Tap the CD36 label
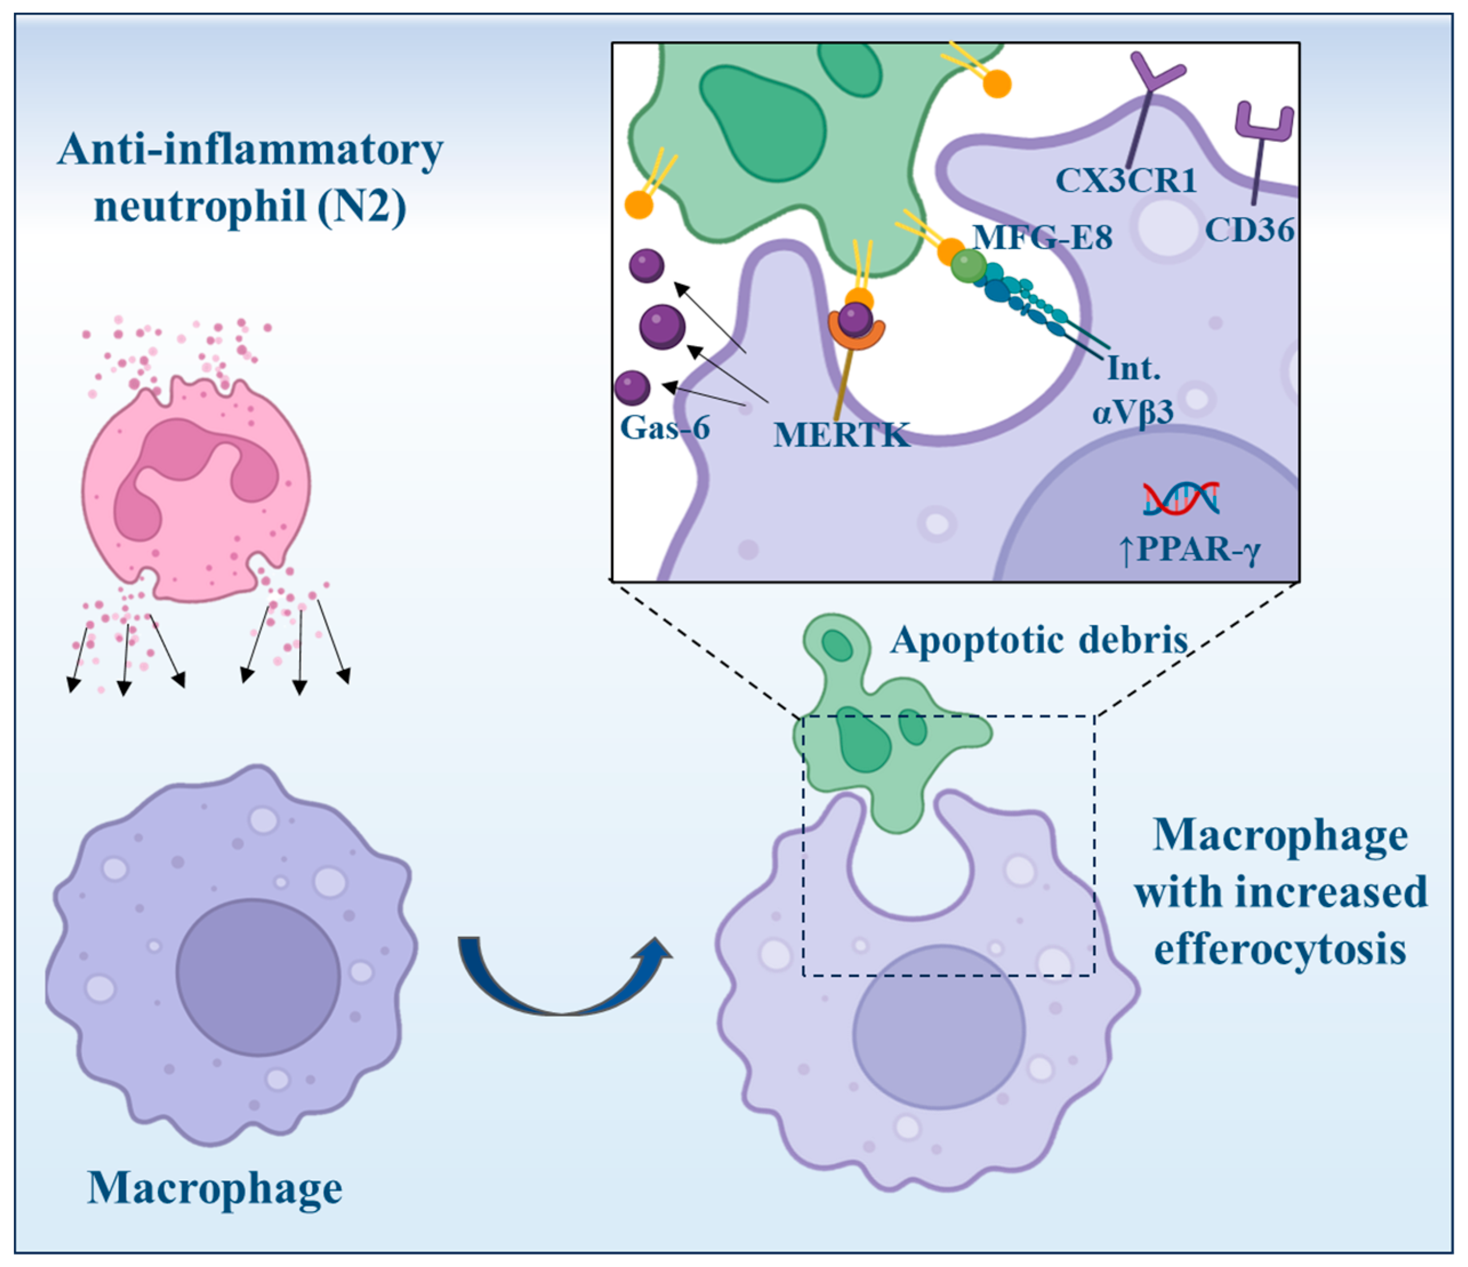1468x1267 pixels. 1249,230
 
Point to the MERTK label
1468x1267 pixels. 841,435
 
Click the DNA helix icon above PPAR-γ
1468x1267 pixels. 1181,498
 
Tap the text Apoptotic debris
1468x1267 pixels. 1039,640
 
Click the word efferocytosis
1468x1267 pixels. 1280,950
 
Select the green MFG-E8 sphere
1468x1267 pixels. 968,266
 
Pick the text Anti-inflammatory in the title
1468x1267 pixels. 250,150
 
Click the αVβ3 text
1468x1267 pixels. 1132,412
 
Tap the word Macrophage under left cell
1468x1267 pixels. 215,1188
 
